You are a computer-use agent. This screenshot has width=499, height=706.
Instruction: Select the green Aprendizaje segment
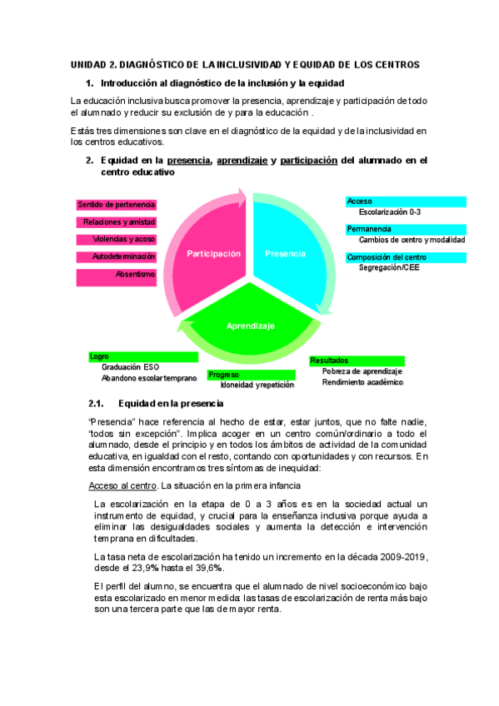point(250,326)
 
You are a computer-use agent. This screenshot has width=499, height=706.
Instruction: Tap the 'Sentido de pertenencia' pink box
point(116,204)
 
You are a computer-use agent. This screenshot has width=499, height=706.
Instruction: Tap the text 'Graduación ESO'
point(129,366)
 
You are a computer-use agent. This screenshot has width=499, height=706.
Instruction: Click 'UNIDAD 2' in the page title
point(92,64)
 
